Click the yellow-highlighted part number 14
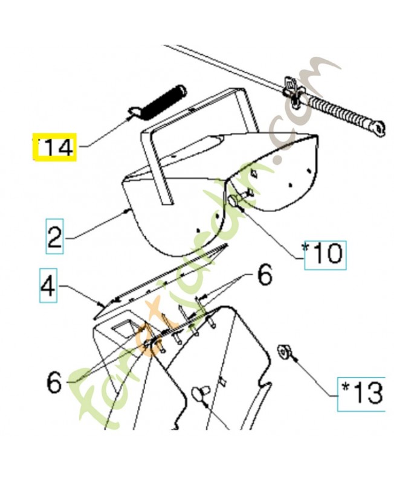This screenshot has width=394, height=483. [x=54, y=147]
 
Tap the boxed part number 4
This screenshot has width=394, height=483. [x=49, y=288]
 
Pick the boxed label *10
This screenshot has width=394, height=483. [x=325, y=254]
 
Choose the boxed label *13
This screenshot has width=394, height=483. [x=361, y=394]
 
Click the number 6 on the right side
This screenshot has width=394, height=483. [x=265, y=276]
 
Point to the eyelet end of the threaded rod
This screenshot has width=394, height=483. [x=378, y=127]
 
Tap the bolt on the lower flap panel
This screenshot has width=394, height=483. [x=198, y=395]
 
